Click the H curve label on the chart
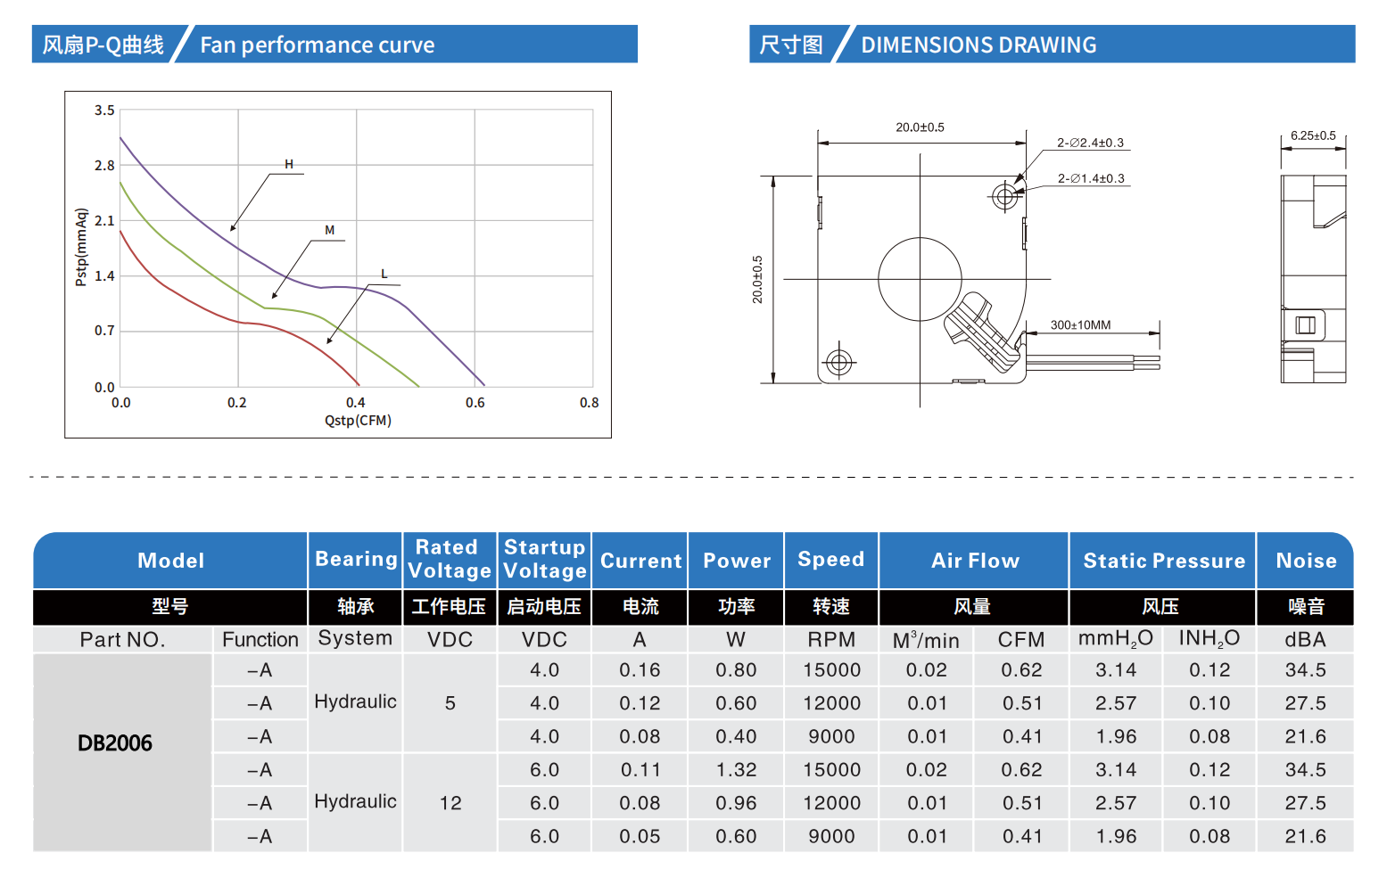(289, 164)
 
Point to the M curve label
(330, 230)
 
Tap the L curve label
(384, 274)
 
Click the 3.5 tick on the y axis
(104, 111)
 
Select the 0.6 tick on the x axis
(475, 403)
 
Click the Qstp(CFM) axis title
(358, 421)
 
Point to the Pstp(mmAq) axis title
(81, 247)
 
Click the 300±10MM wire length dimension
(1080, 325)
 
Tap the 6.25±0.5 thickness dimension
(1313, 135)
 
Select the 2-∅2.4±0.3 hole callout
(1090, 143)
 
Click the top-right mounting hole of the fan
(1005, 195)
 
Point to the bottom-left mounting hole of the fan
(838, 362)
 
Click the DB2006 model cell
(115, 743)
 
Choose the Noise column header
(1306, 561)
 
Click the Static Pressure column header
(1163, 561)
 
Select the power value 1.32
(736, 770)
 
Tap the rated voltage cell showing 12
(450, 803)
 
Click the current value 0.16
(640, 670)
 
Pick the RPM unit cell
(831, 640)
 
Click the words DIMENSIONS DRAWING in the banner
(978, 45)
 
